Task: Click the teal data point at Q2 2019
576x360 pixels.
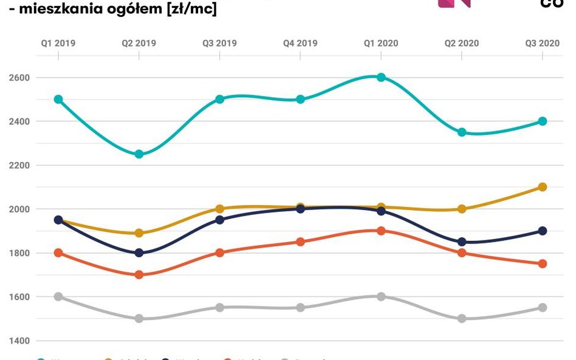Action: tap(139, 154)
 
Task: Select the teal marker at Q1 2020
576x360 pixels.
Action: tap(381, 77)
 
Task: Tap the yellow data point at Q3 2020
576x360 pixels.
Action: tap(543, 187)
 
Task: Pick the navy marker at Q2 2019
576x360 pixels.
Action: tap(139, 253)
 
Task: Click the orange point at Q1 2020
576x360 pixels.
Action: tap(381, 231)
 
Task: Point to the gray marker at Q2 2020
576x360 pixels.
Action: tap(462, 319)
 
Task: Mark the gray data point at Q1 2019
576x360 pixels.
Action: tap(58, 297)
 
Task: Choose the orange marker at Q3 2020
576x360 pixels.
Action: tap(543, 263)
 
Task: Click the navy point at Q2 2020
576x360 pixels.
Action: tap(462, 242)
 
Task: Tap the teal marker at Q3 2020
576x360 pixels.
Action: tap(543, 121)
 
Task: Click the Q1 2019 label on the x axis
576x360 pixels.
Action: tap(58, 43)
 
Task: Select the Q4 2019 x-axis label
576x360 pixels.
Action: tap(300, 43)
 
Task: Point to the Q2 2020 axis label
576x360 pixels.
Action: tap(462, 43)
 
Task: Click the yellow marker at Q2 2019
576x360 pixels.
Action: tap(139, 233)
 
